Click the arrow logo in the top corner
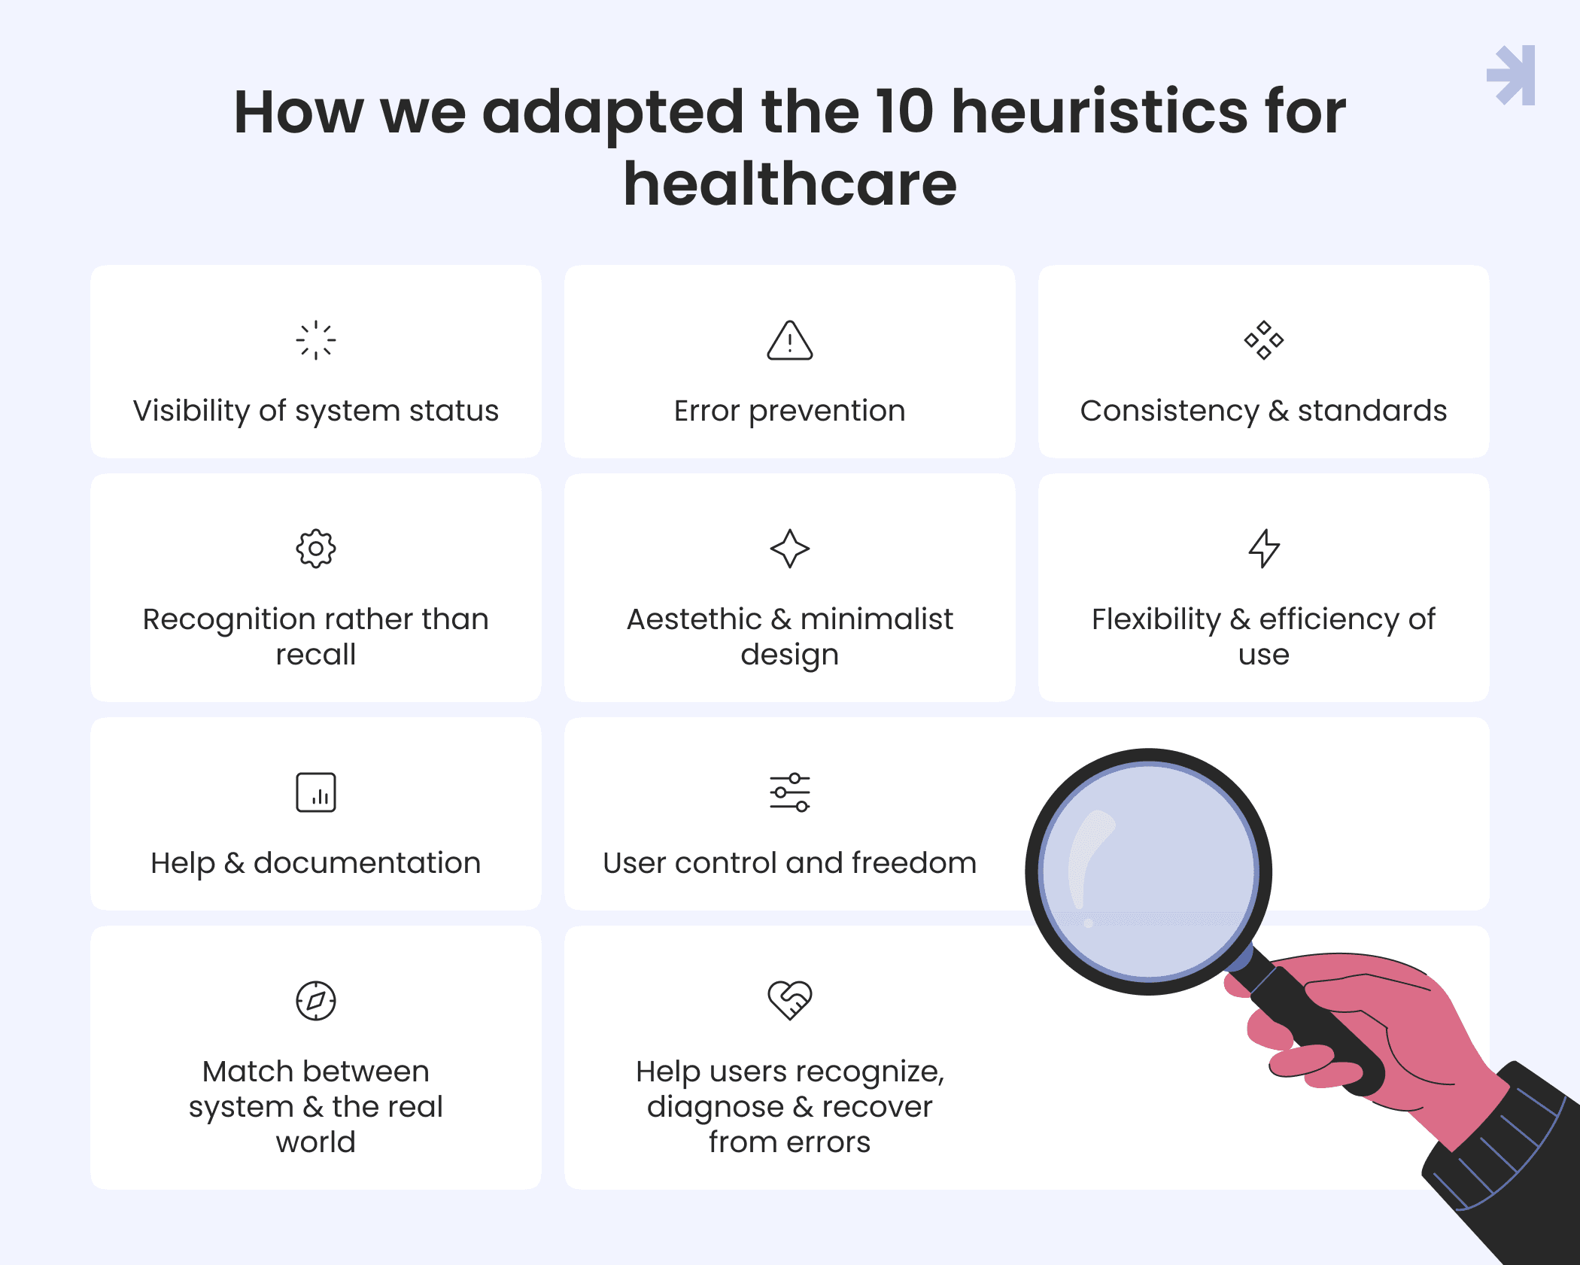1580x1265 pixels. point(1512,75)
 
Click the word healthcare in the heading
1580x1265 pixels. point(790,184)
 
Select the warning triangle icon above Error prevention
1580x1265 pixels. point(790,340)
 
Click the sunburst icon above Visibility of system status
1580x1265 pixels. point(316,340)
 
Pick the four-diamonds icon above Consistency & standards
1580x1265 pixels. point(1264,340)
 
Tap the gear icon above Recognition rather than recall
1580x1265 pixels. point(316,549)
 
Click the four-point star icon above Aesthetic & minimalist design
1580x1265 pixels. point(790,549)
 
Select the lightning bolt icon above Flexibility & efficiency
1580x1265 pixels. point(1264,549)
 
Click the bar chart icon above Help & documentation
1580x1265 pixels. point(316,792)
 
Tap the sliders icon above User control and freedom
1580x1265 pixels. point(790,792)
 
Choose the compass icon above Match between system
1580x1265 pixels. point(316,1001)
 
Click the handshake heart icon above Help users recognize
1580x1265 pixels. point(790,1001)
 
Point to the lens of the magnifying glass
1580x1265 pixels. point(1149,871)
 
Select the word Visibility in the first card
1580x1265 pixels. point(192,411)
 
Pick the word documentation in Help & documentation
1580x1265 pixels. point(367,863)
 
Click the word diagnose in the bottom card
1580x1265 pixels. point(716,1108)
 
